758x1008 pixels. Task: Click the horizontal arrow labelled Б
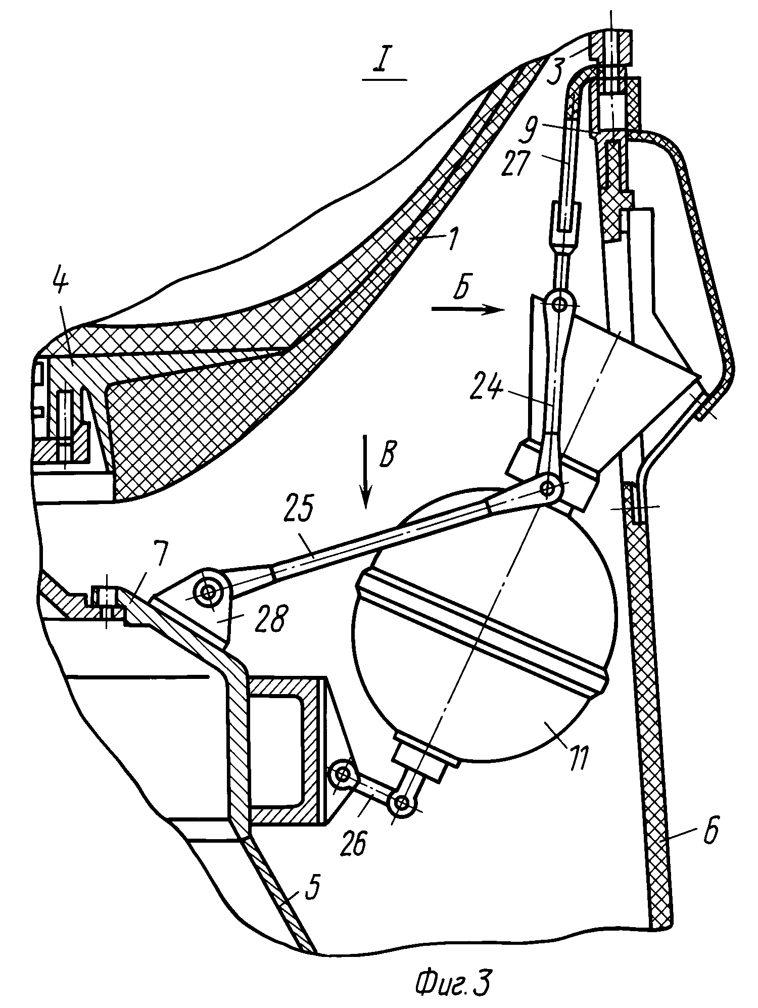coord(466,309)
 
